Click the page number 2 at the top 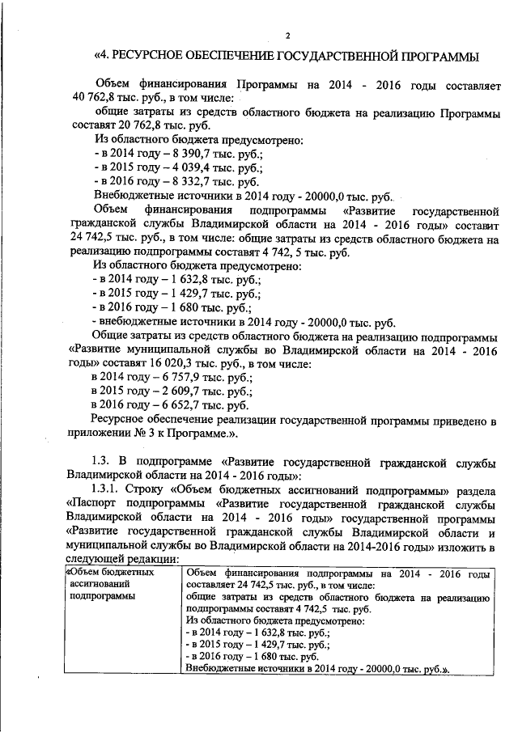287,34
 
